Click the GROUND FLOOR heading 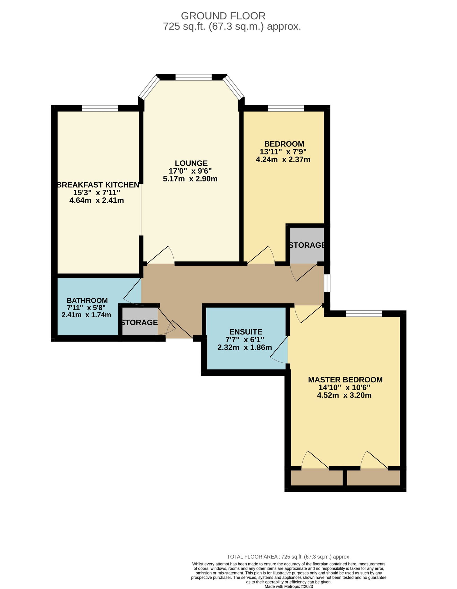(223, 16)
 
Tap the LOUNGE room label (191, 163)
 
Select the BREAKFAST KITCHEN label (98, 185)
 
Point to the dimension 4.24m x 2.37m (283, 159)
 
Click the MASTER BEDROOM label (345, 380)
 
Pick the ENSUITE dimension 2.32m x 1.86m (244, 347)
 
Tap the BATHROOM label (87, 300)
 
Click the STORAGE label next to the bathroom (139, 323)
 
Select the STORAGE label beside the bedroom (307, 245)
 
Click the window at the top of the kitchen (100, 109)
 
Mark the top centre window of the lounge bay (194, 77)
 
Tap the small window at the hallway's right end (327, 283)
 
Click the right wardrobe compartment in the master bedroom (373, 478)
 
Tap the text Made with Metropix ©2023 (288, 586)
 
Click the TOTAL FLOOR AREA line (288, 557)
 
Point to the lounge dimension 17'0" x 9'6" (190, 171)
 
